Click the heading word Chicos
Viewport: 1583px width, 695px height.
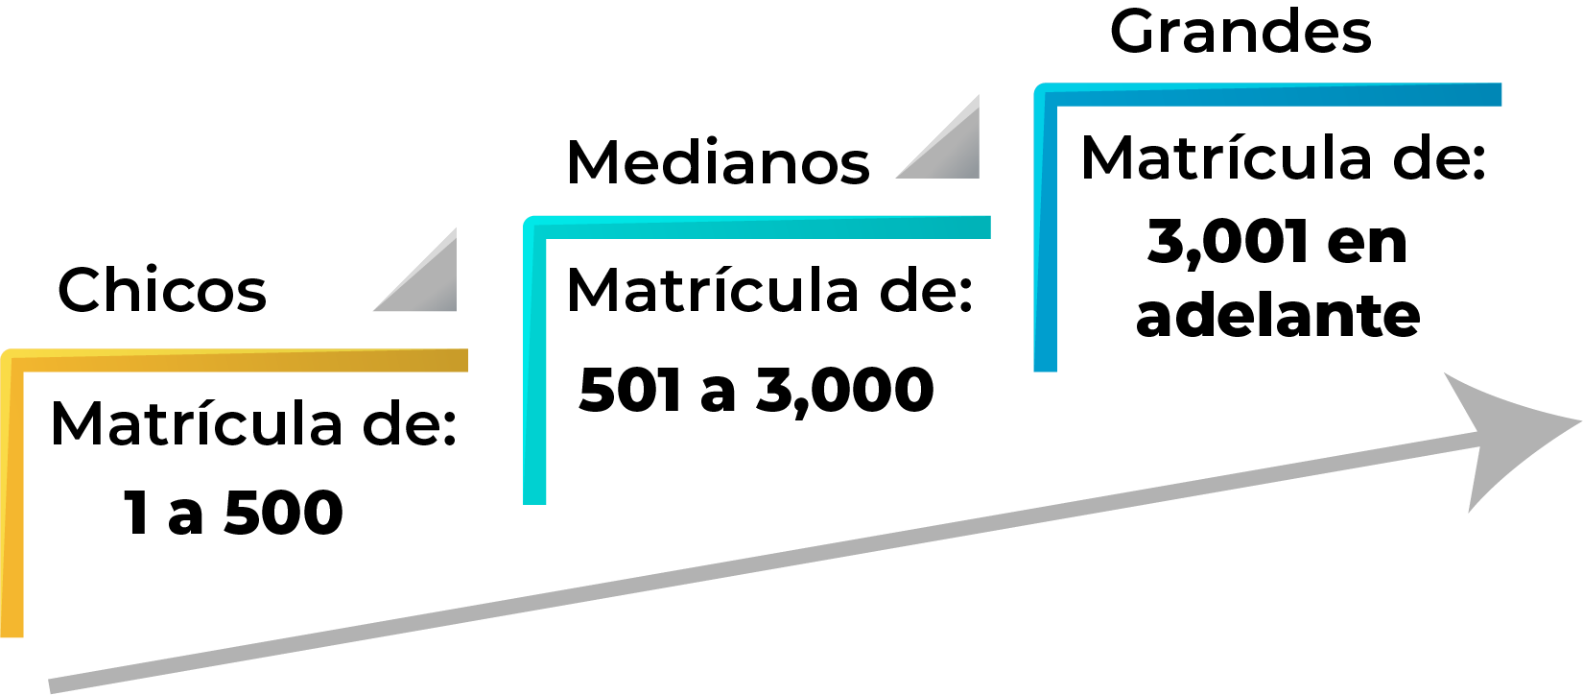162,290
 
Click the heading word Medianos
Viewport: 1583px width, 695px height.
719,162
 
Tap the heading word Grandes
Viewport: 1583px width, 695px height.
1240,32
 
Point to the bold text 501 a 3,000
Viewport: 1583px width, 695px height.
756,390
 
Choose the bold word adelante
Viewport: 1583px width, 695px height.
1278,315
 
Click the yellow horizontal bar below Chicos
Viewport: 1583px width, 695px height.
240,361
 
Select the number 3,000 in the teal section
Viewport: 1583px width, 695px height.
845,390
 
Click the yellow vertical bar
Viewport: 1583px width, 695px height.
12,499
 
